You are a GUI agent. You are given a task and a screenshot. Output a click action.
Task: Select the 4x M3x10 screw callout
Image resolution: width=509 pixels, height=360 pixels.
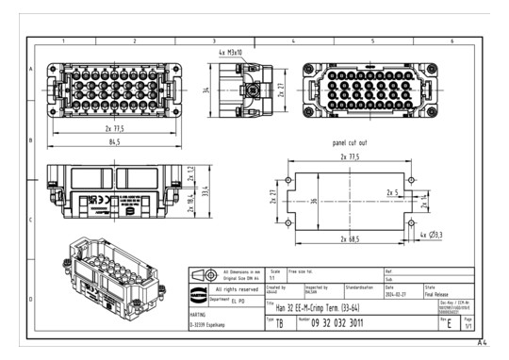231,53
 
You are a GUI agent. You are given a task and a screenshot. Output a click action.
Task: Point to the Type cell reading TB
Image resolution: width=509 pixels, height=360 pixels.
278,322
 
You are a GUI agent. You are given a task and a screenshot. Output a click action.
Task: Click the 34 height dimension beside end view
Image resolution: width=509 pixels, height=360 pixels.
204,90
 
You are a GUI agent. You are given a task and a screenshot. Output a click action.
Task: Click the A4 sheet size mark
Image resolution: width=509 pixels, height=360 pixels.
482,344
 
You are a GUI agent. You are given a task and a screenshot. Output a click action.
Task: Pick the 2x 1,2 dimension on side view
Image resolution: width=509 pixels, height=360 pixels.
189,176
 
